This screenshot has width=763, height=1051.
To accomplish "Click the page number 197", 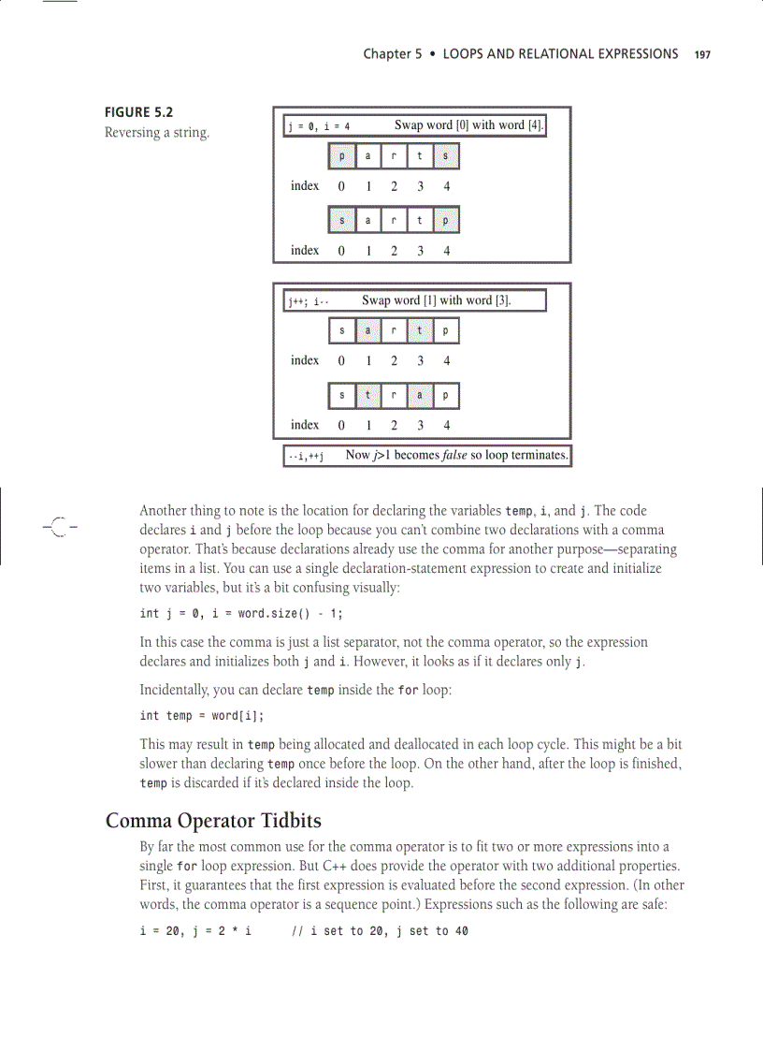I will tap(702, 54).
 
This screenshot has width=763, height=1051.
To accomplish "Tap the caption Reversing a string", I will tap(156, 133).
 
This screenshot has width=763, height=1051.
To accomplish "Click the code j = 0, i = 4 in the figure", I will tap(319, 126).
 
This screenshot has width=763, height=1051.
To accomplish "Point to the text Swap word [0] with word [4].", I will tap(468, 125).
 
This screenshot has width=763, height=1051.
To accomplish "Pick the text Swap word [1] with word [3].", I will tap(437, 300).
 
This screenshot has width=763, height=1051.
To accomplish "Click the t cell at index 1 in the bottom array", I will tap(368, 396).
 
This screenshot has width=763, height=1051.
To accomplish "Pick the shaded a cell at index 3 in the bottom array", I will tap(421, 396).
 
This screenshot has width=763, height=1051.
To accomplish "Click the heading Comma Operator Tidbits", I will tap(213, 822).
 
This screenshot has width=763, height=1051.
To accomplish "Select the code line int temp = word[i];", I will tap(201, 716).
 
